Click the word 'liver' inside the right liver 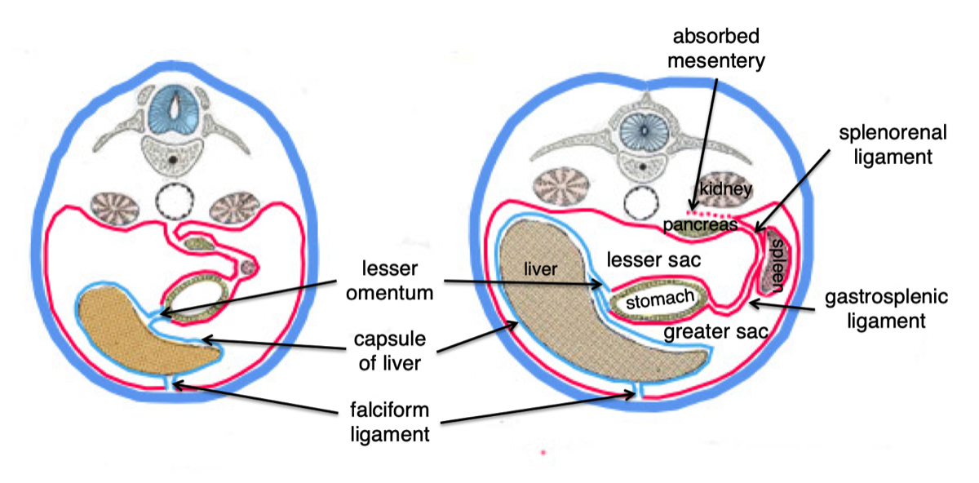coord(541,269)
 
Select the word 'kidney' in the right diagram coord(724,189)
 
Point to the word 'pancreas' coord(700,223)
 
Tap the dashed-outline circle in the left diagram coord(177,201)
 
